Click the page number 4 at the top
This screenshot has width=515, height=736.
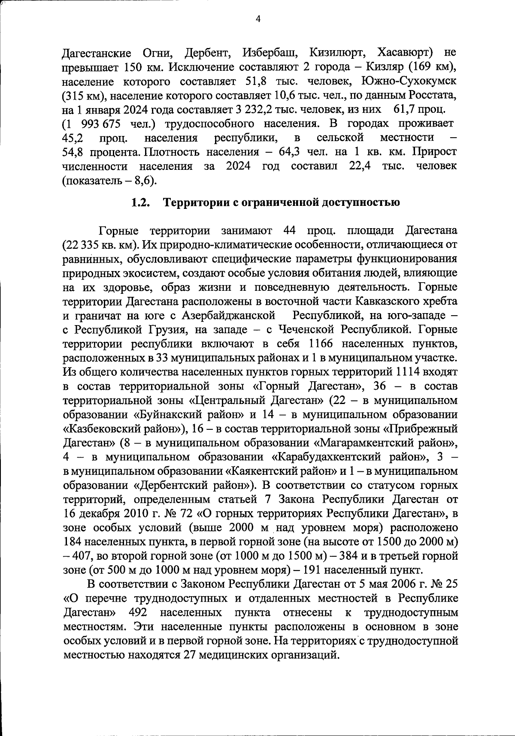click(x=258, y=18)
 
